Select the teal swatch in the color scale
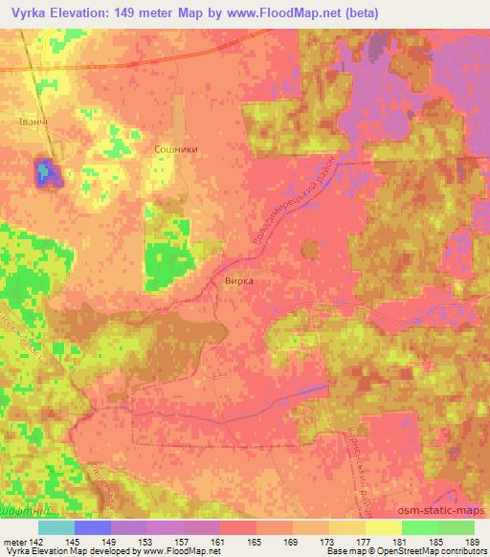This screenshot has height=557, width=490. point(56,526)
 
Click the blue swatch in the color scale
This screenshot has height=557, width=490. point(93,526)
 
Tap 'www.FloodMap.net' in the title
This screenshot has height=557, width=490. point(279,12)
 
